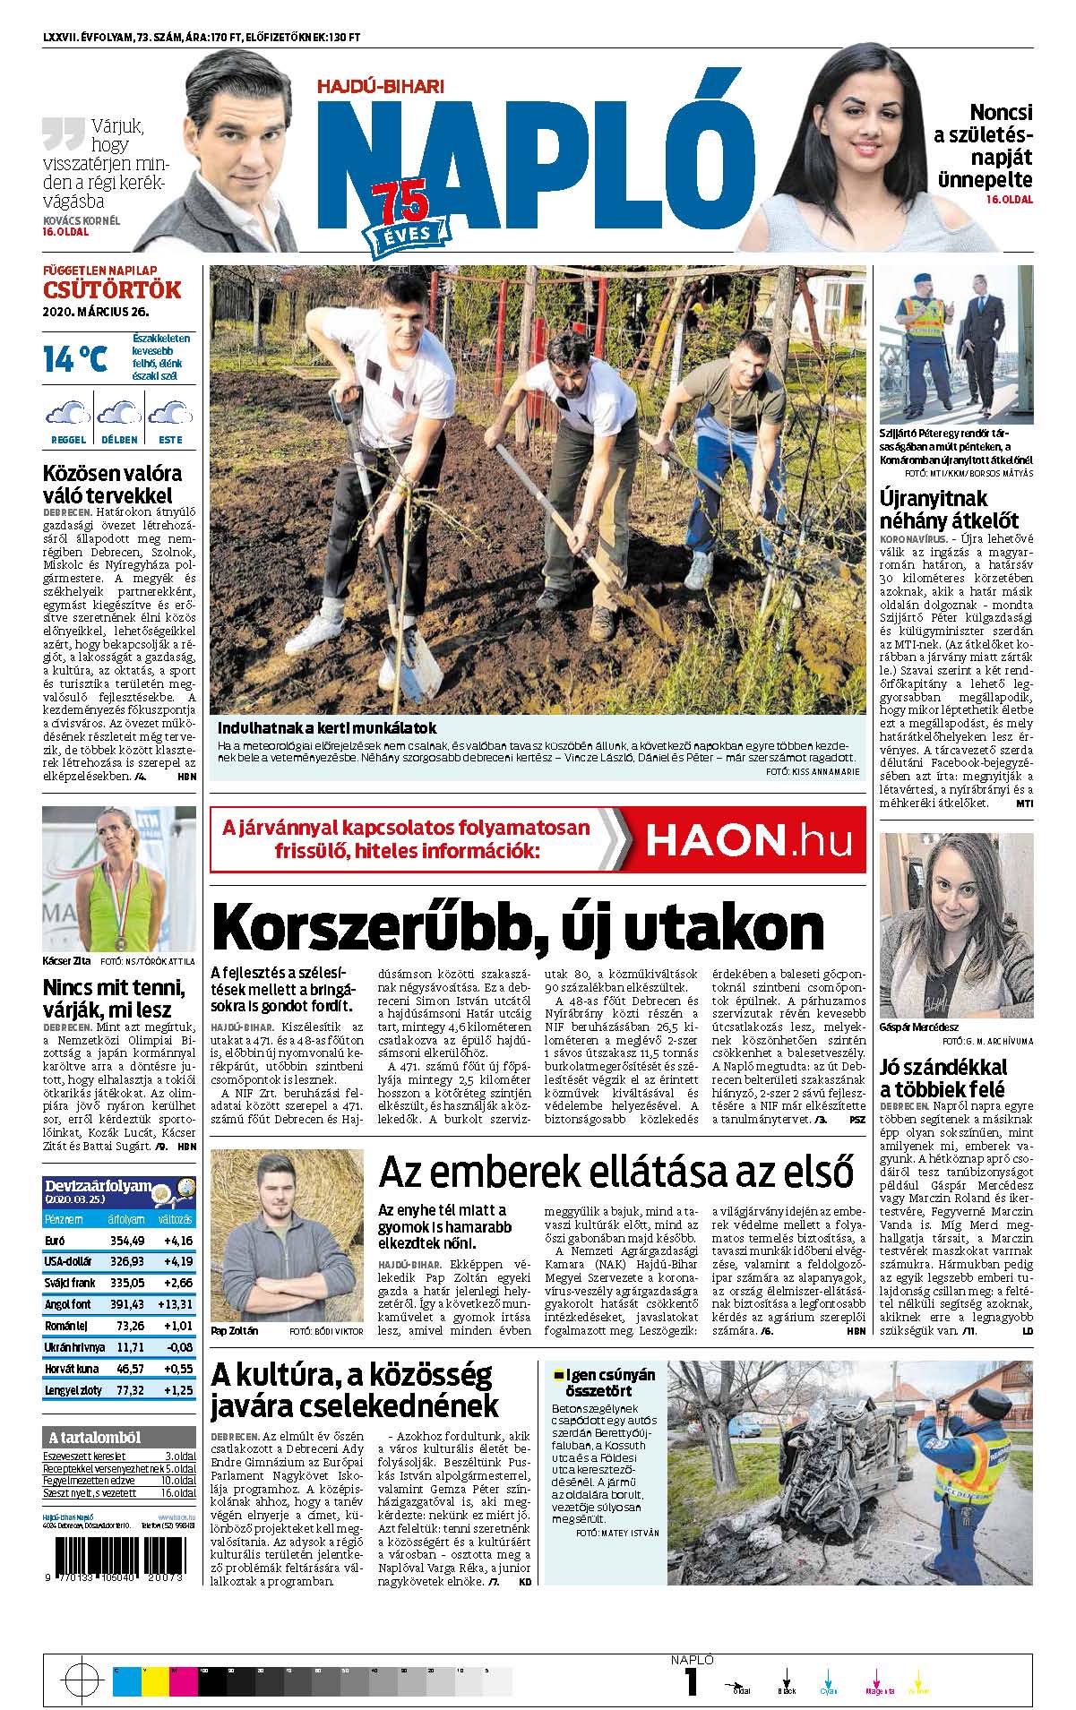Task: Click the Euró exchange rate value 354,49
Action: coord(126,1241)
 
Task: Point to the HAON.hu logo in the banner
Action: coord(740,839)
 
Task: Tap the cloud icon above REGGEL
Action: coord(68,414)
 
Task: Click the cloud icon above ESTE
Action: coord(170,414)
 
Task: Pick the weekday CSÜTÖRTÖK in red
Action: coord(112,290)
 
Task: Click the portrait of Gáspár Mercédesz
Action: coord(956,924)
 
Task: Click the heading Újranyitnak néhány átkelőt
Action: coord(950,510)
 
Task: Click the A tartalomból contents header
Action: coord(119,1438)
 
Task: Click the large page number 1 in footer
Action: coord(692,1682)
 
